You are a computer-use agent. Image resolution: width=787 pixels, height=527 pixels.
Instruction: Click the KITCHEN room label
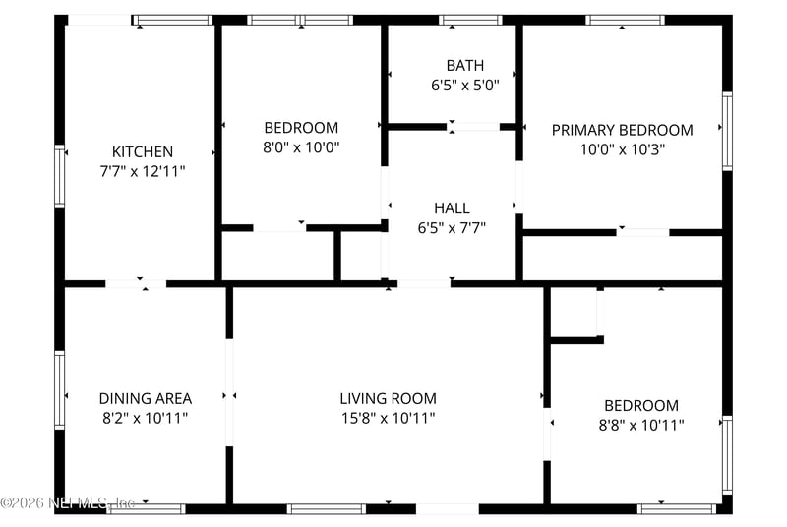(x=143, y=151)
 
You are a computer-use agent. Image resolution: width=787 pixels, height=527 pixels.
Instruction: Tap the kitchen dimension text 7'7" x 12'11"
(x=143, y=171)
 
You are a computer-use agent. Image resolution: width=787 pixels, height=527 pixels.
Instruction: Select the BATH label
(x=465, y=65)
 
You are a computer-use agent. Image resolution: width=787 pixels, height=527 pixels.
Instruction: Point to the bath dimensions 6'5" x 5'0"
(x=465, y=86)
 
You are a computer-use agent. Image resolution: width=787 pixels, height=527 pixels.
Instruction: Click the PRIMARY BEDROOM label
(x=623, y=130)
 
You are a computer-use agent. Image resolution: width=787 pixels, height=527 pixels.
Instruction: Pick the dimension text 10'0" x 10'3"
(x=623, y=149)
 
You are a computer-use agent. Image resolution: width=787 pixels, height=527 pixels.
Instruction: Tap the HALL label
(x=452, y=208)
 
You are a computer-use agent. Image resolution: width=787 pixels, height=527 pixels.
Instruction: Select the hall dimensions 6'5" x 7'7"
(x=452, y=228)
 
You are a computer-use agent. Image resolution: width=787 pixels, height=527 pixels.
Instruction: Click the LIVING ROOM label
(x=388, y=398)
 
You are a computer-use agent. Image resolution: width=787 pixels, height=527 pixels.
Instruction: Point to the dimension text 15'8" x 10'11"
(x=388, y=418)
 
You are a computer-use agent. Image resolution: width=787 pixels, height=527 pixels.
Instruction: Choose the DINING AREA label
(x=145, y=398)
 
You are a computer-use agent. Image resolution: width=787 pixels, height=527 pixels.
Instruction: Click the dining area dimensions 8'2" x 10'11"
(x=145, y=418)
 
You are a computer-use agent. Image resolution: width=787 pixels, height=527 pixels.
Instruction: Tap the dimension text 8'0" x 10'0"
(x=301, y=147)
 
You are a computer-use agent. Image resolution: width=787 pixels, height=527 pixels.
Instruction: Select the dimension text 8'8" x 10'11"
(x=641, y=425)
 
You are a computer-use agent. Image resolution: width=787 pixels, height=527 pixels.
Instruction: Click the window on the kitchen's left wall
(x=60, y=177)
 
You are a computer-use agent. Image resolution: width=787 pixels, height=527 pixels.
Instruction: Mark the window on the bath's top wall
(x=471, y=20)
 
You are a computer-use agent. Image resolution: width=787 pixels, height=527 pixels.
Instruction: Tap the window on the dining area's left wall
(x=60, y=390)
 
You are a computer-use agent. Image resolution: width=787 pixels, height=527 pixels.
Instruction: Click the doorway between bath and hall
(x=473, y=127)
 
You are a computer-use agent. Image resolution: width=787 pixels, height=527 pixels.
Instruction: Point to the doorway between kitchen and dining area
(x=136, y=284)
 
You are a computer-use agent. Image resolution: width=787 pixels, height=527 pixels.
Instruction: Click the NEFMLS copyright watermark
(x=68, y=502)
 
